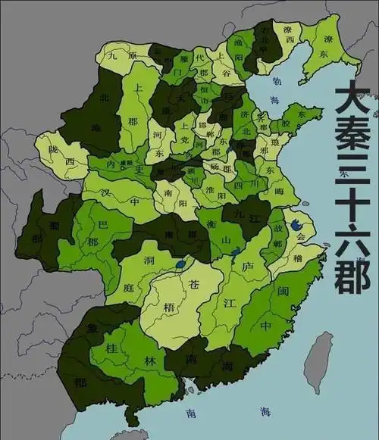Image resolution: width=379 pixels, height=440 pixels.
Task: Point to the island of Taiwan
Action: pos(320,362)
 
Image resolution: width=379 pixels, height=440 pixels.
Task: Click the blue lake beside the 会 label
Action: pos(297,225)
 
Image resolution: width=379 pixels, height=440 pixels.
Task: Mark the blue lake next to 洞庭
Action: pos(180,265)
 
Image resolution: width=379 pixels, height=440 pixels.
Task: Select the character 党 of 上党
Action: pos(185,148)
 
